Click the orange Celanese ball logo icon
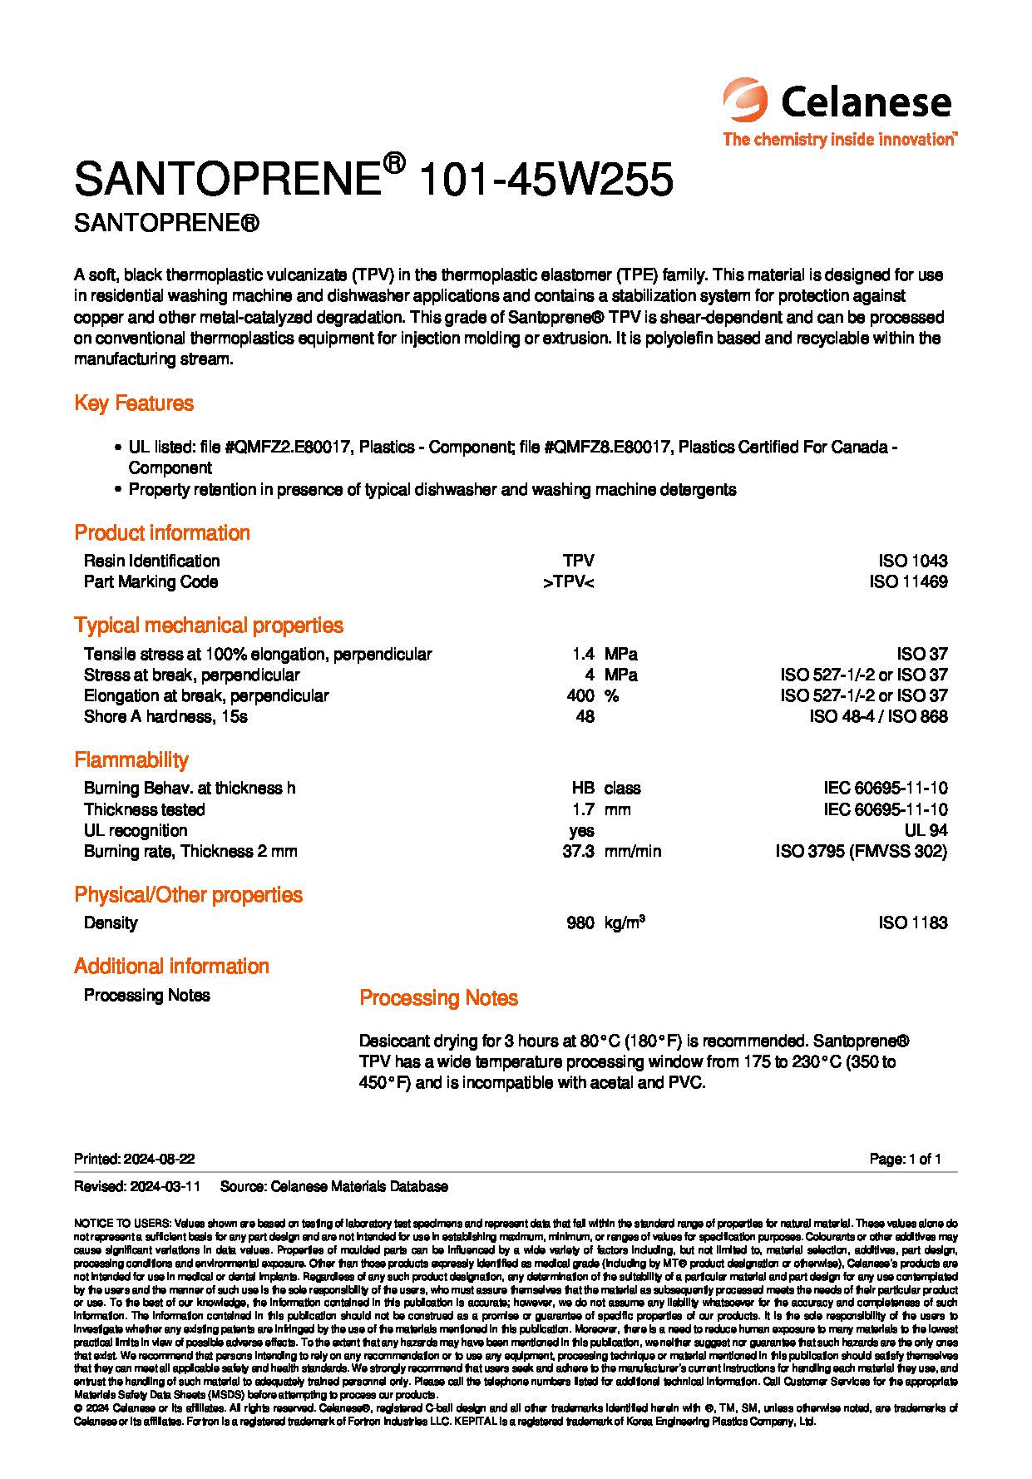747,103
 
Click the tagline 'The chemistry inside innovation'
839,139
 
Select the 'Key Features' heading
134,403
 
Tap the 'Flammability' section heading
131,759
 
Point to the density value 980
580,923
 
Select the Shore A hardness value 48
585,716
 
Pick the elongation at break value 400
580,695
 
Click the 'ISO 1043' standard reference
912,561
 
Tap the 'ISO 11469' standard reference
908,581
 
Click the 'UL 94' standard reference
926,830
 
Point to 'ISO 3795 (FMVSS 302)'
861,851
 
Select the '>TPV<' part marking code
569,581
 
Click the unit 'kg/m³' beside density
625,923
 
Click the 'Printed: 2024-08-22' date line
135,1159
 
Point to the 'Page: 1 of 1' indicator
905,1159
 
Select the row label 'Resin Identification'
151,561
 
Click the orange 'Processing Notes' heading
438,997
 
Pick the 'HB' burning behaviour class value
582,788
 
